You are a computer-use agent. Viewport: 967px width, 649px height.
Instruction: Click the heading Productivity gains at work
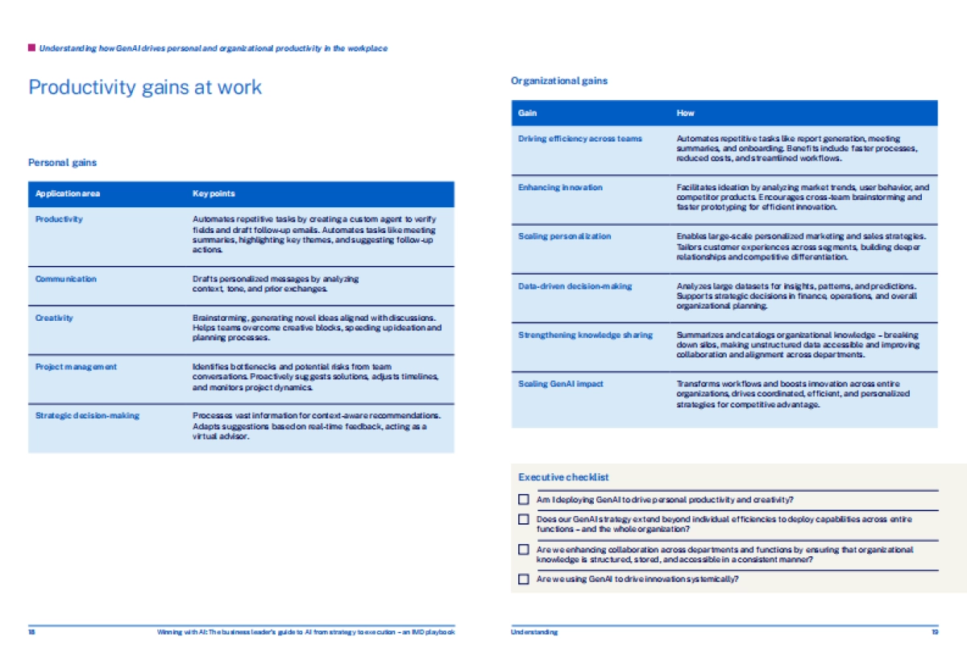(x=145, y=87)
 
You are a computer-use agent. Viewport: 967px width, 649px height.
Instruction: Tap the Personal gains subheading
(x=62, y=163)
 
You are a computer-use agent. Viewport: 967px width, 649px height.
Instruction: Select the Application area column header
(x=68, y=193)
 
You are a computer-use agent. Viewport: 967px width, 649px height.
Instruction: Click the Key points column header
(x=214, y=193)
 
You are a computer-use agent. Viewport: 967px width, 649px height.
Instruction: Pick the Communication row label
(x=65, y=279)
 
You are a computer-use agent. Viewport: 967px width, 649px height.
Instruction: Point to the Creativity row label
(x=54, y=318)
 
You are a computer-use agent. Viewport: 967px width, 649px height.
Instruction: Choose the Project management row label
(x=76, y=367)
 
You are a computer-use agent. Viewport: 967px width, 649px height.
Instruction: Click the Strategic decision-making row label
(x=87, y=416)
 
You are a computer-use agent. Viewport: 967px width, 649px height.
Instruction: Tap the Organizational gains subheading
(x=559, y=81)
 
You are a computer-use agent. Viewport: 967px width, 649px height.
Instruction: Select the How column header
(x=685, y=113)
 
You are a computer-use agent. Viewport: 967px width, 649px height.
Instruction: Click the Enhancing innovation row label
(x=560, y=187)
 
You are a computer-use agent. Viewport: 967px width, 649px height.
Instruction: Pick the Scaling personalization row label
(x=564, y=236)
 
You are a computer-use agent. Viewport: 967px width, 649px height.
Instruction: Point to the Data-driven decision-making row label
(x=575, y=286)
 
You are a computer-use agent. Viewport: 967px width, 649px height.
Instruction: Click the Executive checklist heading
(x=563, y=477)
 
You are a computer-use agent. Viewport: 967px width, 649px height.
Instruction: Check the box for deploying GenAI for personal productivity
(x=524, y=500)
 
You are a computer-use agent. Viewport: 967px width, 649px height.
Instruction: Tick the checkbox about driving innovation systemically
(x=524, y=579)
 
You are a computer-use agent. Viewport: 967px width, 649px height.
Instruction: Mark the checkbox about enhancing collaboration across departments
(x=524, y=550)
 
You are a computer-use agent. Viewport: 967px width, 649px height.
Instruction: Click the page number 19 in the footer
(x=934, y=632)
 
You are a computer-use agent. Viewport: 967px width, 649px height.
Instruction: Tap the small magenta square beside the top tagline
(x=31, y=48)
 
